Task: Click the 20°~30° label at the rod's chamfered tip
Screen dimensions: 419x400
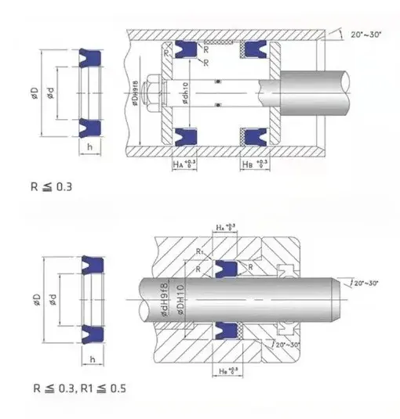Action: pyautogui.click(x=365, y=282)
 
